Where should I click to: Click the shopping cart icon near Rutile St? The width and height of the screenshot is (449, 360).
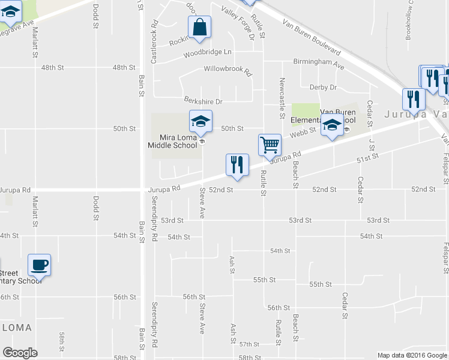pos(270,144)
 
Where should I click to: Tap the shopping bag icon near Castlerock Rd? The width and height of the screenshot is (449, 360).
pos(200,27)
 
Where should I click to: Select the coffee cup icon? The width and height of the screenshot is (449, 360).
pos(40,264)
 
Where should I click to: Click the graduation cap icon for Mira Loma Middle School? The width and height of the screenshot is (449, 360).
pos(200,121)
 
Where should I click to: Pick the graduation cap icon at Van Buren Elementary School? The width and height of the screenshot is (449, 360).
pos(331,125)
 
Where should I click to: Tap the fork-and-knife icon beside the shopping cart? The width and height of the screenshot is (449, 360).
pos(237,164)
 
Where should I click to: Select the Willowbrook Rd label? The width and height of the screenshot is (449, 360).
pos(228,70)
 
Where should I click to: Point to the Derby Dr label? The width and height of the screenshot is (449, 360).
pos(323,88)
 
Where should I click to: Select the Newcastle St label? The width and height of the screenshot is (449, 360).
pos(281,98)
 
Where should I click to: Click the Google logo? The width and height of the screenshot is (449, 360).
pos(20,353)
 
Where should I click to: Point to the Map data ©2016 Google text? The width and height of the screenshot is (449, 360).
pos(412,355)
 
